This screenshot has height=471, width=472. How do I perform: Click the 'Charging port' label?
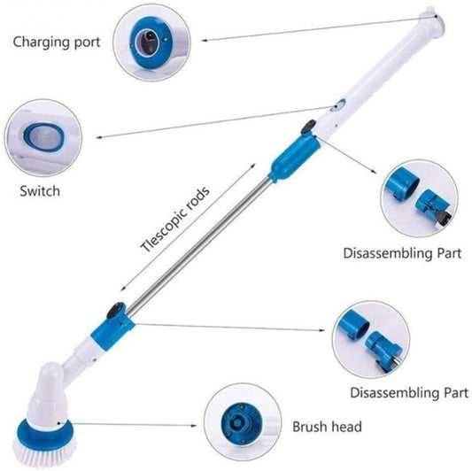(55, 41)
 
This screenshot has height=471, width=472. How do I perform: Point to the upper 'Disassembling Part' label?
(402, 253)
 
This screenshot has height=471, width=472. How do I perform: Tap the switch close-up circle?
(43, 137)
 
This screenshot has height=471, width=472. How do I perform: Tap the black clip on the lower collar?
(114, 311)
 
